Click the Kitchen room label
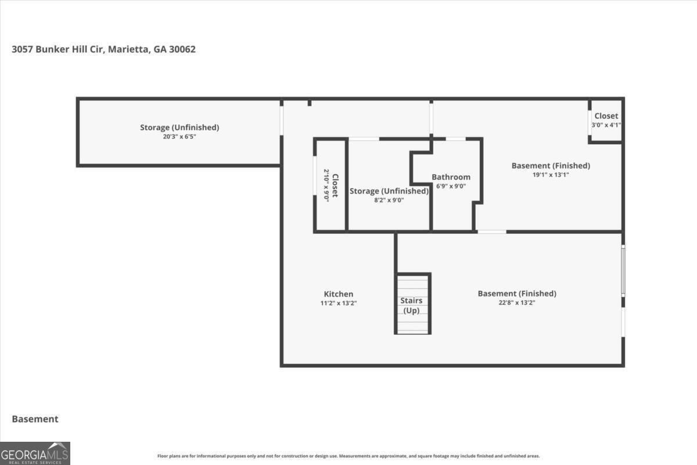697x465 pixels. pyautogui.click(x=338, y=294)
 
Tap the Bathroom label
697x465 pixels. pyautogui.click(x=451, y=177)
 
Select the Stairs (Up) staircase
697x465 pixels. pyautogui.click(x=412, y=303)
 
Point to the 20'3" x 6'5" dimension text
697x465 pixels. pyautogui.click(x=179, y=137)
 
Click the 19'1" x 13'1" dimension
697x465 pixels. pyautogui.click(x=551, y=175)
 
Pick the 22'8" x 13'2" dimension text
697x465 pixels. pyautogui.click(x=517, y=303)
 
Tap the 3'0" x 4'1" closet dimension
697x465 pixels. pyautogui.click(x=606, y=125)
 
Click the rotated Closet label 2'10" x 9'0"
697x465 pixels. pyautogui.click(x=330, y=185)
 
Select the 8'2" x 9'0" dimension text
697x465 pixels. pyautogui.click(x=389, y=201)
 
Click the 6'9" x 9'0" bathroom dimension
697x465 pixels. pyautogui.click(x=451, y=186)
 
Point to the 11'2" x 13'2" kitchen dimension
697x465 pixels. pyautogui.click(x=339, y=303)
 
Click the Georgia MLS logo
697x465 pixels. pyautogui.click(x=35, y=453)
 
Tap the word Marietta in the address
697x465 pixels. pyautogui.click(x=128, y=49)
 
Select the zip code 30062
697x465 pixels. pyautogui.click(x=182, y=49)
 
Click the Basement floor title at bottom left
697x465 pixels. pyautogui.click(x=35, y=419)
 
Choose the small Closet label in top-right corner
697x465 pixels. pyautogui.click(x=606, y=116)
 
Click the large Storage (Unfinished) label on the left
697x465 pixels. pyautogui.click(x=179, y=127)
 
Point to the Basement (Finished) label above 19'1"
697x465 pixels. pyautogui.click(x=551, y=166)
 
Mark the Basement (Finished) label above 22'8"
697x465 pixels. pyautogui.click(x=517, y=294)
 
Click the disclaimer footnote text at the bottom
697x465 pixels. pyautogui.click(x=348, y=456)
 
